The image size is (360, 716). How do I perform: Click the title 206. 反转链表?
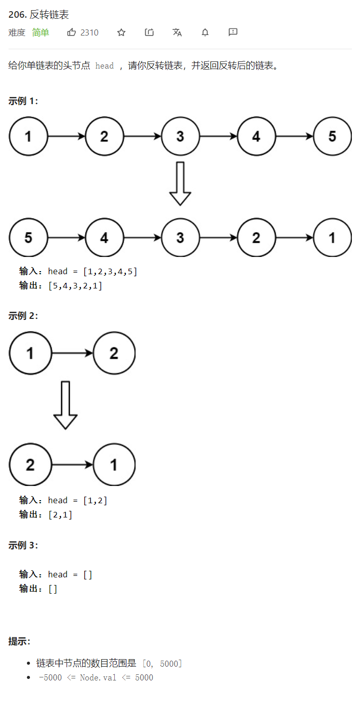(39, 15)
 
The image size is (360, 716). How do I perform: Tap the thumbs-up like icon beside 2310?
(72, 32)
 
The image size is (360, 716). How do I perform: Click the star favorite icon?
(121, 32)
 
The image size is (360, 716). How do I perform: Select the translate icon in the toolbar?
(177, 32)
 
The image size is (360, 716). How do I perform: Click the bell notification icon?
(205, 32)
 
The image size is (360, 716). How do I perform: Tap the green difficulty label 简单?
(41, 32)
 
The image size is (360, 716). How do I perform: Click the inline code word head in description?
(105, 66)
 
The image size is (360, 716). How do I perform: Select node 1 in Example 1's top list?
(28, 137)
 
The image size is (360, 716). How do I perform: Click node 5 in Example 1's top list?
(332, 137)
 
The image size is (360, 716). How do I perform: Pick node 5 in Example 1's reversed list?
(28, 238)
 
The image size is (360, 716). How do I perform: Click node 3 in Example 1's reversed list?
(180, 238)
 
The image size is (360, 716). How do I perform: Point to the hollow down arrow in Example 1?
(180, 183)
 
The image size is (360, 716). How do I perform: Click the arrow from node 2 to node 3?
(142, 137)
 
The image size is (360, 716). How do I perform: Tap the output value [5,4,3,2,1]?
(75, 286)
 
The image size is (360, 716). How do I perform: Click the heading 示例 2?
(23, 316)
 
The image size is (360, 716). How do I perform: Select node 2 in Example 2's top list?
(114, 353)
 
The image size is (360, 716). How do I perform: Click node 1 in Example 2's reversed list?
(114, 465)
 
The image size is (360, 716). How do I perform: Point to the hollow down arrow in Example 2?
(66, 405)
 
